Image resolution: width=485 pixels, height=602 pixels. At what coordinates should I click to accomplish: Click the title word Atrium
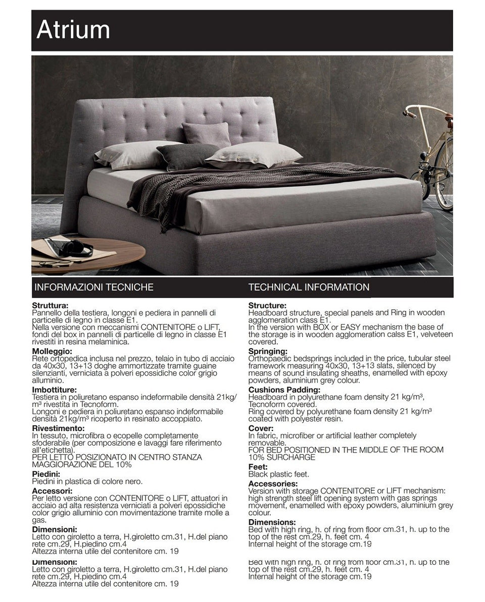tap(73, 30)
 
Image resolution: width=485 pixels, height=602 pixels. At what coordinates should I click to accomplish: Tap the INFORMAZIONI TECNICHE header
tap(93, 288)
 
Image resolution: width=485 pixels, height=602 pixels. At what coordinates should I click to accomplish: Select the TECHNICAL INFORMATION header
tap(309, 288)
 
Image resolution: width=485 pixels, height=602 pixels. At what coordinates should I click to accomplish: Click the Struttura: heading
tap(50, 306)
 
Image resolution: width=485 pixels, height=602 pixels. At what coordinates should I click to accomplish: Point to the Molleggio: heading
tap(52, 351)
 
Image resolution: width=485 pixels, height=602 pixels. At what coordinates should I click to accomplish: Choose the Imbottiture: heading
tap(55, 390)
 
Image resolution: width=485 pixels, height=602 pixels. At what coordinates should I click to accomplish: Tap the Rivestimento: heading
tap(58, 428)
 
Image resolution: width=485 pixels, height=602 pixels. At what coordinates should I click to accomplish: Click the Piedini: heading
tap(46, 474)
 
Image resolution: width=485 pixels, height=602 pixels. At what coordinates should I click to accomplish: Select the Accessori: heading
tap(52, 490)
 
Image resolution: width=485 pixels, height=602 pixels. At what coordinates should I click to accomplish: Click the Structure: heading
tap(267, 306)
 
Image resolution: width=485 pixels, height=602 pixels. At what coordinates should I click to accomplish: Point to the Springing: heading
tap(268, 351)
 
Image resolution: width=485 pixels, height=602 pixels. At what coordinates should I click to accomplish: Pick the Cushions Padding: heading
tap(284, 390)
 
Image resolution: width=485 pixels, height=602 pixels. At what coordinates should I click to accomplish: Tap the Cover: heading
tap(261, 428)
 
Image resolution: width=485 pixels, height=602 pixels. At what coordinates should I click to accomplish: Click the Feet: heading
tap(258, 467)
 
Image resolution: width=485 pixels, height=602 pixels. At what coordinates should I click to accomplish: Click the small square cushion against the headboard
tap(206, 134)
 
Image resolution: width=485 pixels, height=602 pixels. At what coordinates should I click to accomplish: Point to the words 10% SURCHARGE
tap(281, 457)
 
